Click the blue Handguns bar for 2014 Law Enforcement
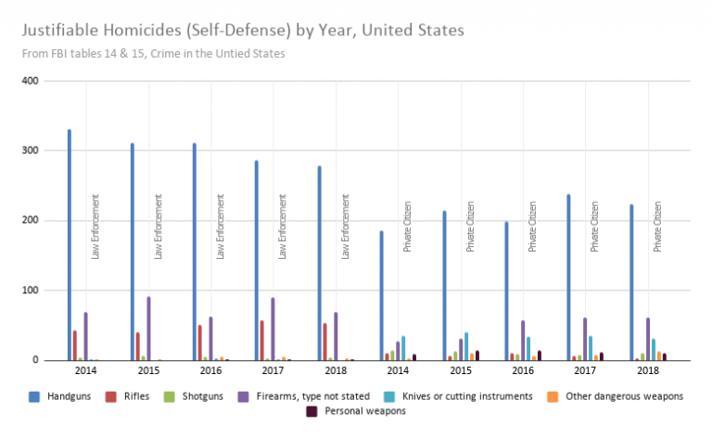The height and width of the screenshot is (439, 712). point(70,245)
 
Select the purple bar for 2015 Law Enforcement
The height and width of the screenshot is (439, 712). point(148,329)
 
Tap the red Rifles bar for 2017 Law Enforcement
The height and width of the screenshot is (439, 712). point(262,341)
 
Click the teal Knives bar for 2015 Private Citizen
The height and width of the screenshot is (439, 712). point(466,346)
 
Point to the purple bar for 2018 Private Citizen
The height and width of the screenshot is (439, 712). point(648,339)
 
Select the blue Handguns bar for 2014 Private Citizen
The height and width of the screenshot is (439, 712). point(381,296)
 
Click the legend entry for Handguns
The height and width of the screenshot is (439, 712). point(63,396)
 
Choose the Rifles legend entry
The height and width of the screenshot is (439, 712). point(147,396)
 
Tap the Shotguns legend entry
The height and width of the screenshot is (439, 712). point(215,396)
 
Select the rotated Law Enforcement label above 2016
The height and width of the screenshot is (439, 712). point(221,226)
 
